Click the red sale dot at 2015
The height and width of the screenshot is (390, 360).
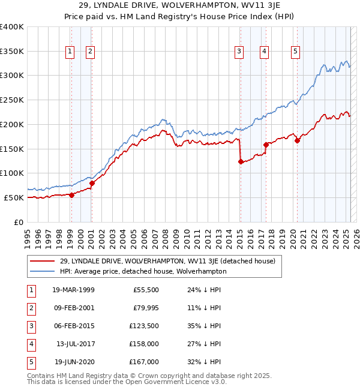(x=240, y=161)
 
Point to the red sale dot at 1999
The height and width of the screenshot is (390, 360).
(x=71, y=195)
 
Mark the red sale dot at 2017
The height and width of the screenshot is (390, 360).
(x=265, y=145)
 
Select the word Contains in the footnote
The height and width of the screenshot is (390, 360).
(x=41, y=376)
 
